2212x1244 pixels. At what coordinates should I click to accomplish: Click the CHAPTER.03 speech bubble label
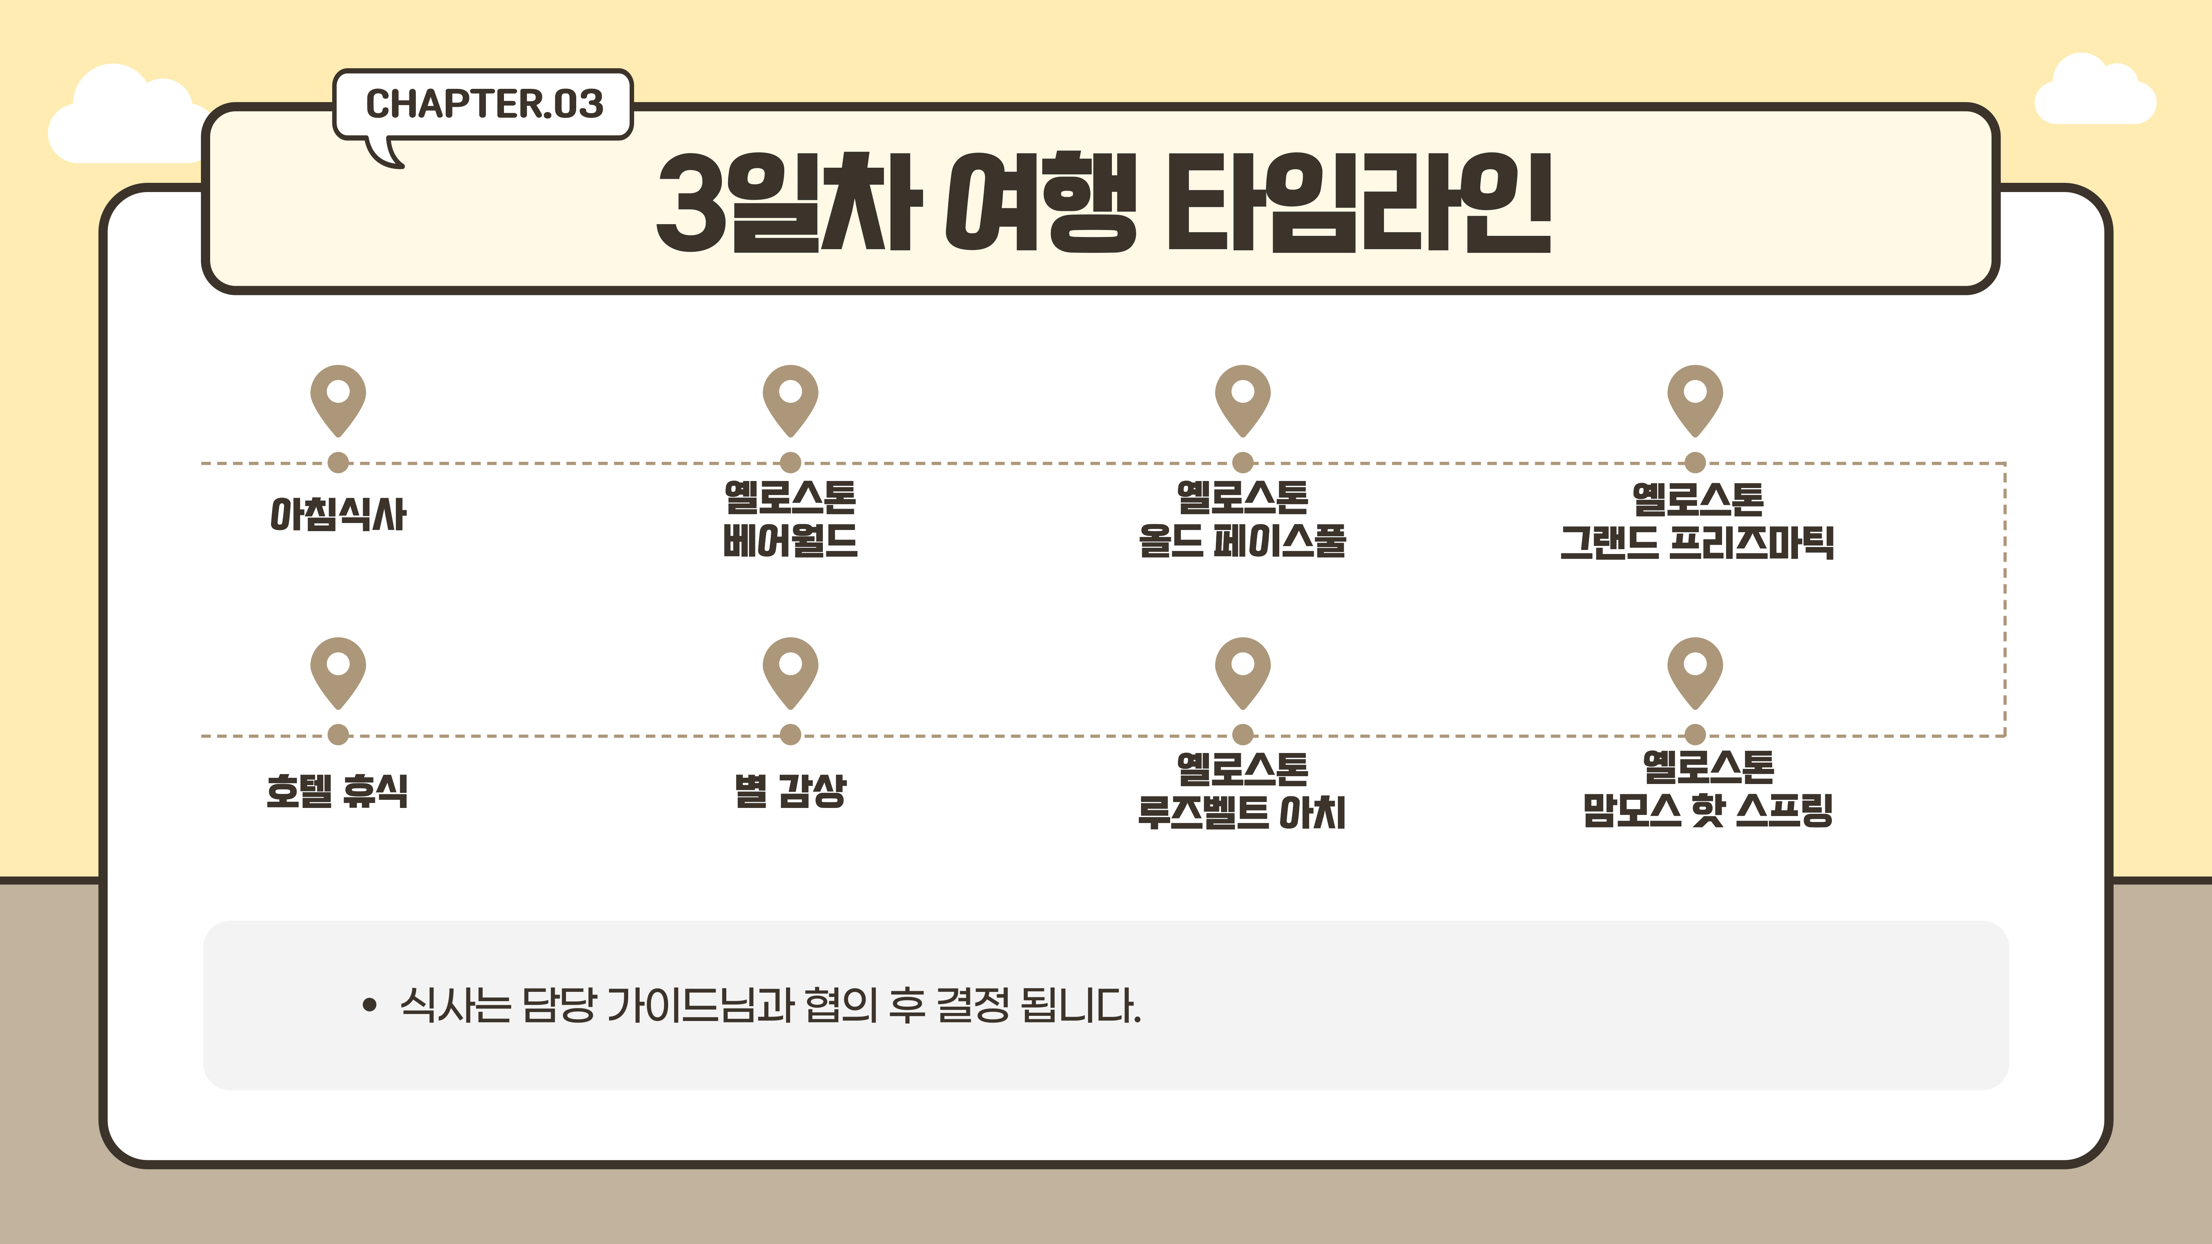click(483, 104)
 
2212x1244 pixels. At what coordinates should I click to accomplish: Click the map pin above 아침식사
click(338, 400)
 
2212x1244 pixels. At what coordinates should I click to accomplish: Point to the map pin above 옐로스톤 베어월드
click(790, 400)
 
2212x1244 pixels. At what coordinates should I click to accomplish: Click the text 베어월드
click(790, 541)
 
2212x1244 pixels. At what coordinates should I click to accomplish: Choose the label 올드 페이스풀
click(1242, 541)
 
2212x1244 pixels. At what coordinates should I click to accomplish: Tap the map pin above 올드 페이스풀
click(1242, 400)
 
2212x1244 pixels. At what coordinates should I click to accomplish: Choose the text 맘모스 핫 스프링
click(1708, 809)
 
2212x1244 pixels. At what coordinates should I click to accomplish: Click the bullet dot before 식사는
click(369, 1005)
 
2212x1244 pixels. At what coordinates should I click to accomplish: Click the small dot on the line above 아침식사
click(338, 463)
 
